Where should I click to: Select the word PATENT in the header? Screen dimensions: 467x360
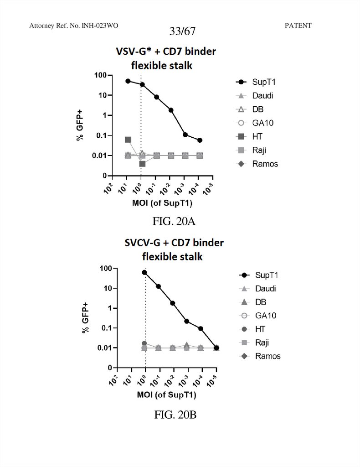[298, 26]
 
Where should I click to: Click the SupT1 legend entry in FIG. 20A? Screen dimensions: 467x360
[264, 82]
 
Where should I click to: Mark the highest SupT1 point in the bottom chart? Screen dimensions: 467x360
[145, 272]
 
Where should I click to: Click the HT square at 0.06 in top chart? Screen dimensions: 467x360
[128, 140]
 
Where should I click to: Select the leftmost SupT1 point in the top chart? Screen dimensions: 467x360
[128, 81]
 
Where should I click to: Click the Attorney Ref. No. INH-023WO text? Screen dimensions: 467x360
[73, 26]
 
